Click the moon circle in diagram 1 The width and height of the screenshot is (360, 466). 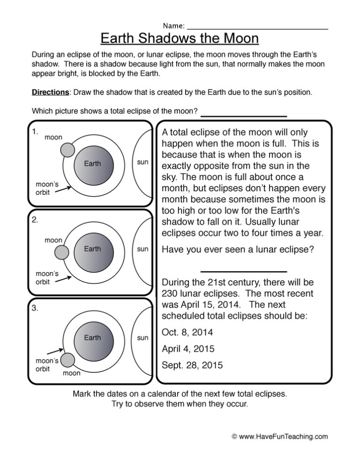click(x=68, y=150)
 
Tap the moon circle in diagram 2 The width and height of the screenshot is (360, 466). click(x=61, y=253)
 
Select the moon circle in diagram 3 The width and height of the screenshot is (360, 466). click(x=68, y=360)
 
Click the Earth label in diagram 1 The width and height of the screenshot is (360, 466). click(x=92, y=163)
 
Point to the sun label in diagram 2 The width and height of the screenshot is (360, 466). click(x=142, y=249)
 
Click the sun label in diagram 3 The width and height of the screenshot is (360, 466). click(x=142, y=337)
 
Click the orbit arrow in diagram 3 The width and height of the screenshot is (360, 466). click(x=55, y=350)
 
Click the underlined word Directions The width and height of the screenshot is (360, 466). click(x=50, y=93)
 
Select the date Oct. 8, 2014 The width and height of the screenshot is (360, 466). click(x=187, y=333)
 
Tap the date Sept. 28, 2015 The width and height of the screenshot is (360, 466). click(x=192, y=365)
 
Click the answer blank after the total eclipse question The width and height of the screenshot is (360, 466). click(x=243, y=115)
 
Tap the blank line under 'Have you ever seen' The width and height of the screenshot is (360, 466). click(x=243, y=271)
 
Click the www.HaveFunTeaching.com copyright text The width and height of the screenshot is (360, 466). click(x=280, y=436)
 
